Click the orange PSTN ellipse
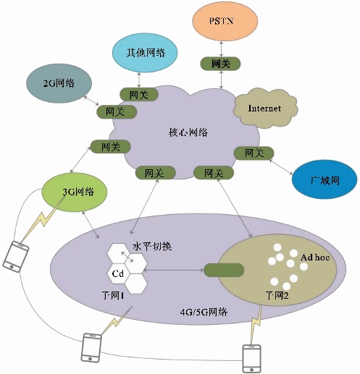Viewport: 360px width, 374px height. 225,21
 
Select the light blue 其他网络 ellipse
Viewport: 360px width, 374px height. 145,53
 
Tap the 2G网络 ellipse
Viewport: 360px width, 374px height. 59,83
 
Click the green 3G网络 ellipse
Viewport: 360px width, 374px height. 75,192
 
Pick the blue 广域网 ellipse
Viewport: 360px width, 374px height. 325,179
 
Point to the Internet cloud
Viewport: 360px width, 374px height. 265,108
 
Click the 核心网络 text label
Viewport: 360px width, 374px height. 188,132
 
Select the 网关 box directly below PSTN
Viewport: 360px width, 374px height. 221,64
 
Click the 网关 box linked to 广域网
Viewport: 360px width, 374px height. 254,153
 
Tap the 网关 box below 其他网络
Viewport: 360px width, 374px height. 139,94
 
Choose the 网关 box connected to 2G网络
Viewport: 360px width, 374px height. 117,111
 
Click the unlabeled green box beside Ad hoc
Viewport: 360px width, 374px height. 224,270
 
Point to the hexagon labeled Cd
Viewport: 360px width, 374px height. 118,273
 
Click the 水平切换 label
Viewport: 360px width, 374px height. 152,246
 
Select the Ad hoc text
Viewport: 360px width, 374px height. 315,258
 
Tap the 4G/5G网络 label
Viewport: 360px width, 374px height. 204,312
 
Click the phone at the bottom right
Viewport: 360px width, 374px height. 251,359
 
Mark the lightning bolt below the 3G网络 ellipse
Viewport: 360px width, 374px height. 43,219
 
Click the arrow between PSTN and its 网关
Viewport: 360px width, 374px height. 221,49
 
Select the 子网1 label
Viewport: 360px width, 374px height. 113,295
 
